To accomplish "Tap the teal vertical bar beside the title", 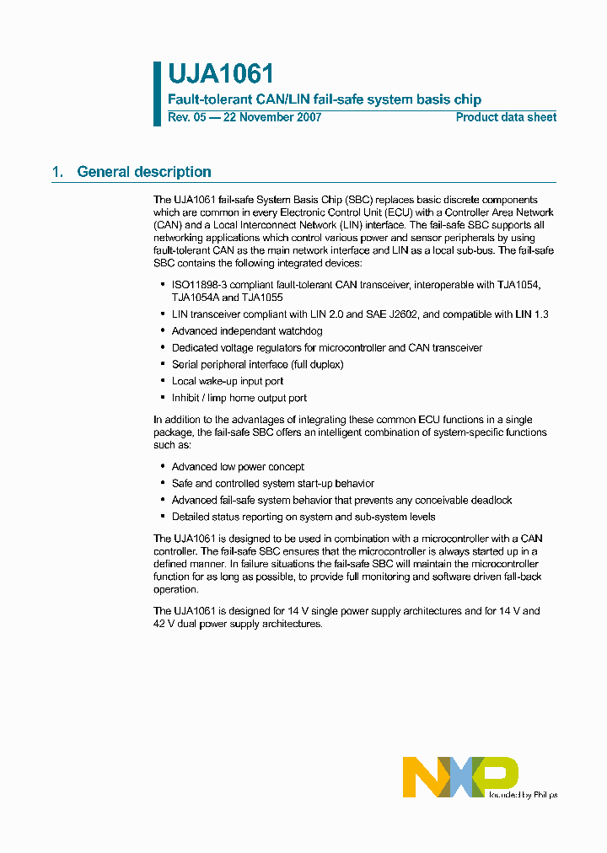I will click(157, 94).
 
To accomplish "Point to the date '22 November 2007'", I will click(271, 117).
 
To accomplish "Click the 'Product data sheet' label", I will click(506, 117).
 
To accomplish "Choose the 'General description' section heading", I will click(144, 172).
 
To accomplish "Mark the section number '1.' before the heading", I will click(57, 172).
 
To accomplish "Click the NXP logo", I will click(459, 776).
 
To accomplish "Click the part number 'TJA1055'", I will click(263, 298).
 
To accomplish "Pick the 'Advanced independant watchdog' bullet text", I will click(241, 331).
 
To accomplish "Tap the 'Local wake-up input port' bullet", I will click(228, 381).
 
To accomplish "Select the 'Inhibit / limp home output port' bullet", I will click(239, 398).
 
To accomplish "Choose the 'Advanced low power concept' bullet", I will click(238, 466).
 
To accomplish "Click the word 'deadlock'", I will click(490, 500).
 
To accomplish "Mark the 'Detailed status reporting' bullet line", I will click(303, 517).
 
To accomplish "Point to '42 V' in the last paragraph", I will click(164, 624).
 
